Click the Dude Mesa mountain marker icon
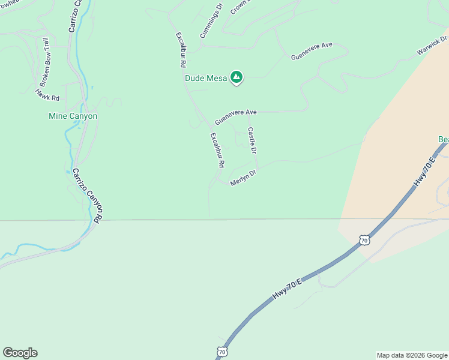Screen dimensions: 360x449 point(237,77)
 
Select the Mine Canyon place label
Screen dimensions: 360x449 point(73,116)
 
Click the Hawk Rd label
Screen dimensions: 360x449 point(48,94)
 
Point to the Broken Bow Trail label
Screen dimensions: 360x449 point(45,64)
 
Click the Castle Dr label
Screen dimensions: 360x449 point(252,140)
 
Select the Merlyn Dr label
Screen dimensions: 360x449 point(243,178)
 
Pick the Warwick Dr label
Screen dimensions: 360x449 point(433,46)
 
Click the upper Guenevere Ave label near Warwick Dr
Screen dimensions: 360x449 point(312,50)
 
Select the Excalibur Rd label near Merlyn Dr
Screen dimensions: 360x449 point(217,150)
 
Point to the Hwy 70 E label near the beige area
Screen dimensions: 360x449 point(424,173)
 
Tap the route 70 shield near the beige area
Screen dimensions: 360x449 point(363,240)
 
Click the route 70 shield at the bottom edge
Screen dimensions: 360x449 point(222,352)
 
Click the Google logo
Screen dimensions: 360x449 point(20,353)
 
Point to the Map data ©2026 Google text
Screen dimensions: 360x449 point(411,355)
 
